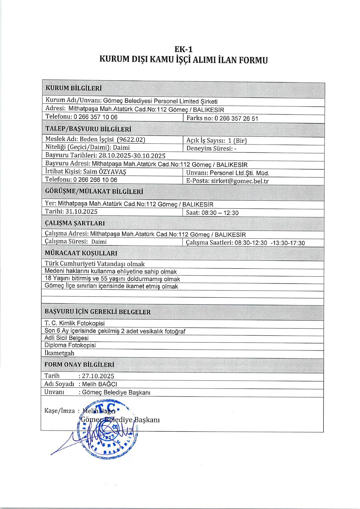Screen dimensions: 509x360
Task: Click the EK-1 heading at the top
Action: [183, 49]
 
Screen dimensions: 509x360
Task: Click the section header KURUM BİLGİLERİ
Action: [73, 88]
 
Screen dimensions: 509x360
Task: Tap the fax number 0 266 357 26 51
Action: [236, 119]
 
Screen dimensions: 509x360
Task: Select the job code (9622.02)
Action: [131, 139]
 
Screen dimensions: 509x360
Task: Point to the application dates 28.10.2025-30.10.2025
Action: [132, 156]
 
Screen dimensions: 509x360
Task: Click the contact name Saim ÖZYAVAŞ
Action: [105, 172]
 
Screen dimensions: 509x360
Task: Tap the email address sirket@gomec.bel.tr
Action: [240, 181]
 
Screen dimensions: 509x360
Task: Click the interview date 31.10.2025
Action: [81, 212]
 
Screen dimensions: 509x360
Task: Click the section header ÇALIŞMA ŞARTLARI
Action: [75, 223]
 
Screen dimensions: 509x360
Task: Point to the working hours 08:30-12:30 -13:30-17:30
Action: [270, 243]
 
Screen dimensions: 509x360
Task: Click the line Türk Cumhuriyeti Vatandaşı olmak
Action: [95, 264]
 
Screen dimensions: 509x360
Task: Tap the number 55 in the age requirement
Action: [104, 279]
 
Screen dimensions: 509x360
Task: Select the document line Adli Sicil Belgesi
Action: [66, 338]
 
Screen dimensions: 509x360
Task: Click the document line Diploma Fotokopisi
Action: [70, 345]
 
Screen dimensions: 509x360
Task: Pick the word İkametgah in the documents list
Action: [59, 353]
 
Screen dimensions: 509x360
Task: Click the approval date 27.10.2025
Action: [98, 376]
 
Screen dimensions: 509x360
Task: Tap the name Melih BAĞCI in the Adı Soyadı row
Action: [99, 384]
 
